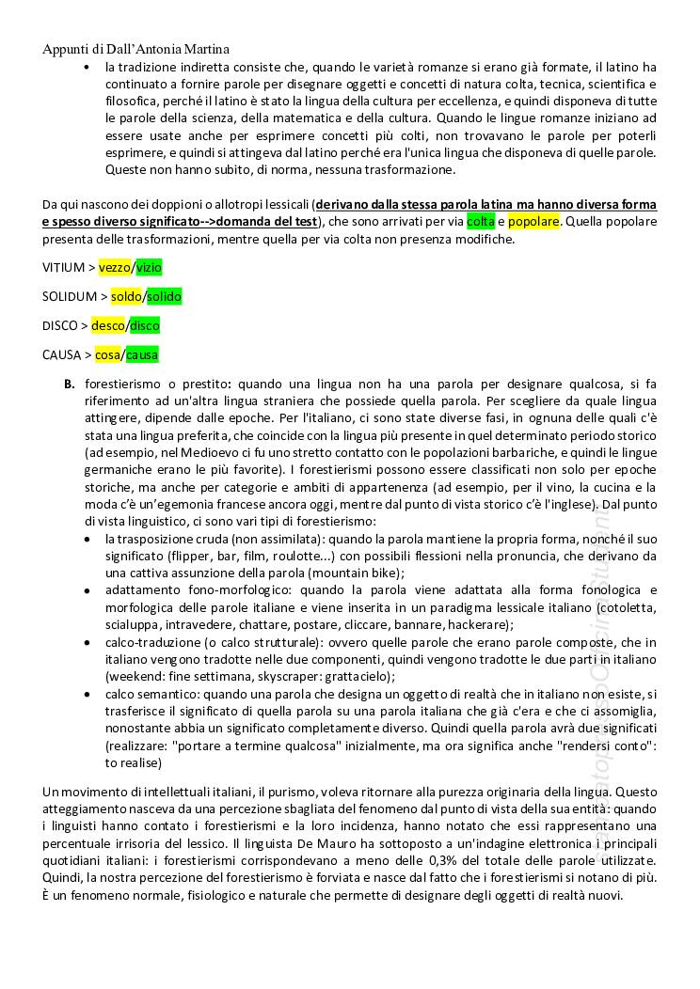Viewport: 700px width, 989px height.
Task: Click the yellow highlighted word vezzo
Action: [115, 268]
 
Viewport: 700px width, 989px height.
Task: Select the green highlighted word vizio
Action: [149, 268]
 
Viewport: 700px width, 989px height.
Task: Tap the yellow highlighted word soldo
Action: [125, 297]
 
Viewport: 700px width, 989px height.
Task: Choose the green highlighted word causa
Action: [142, 355]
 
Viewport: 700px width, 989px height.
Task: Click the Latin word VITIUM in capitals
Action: [63, 268]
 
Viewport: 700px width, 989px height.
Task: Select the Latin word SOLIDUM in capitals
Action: [70, 297]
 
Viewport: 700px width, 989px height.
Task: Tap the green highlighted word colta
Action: [480, 222]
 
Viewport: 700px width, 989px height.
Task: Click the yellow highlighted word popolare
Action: [533, 222]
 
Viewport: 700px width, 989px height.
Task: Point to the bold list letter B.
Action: [69, 385]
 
